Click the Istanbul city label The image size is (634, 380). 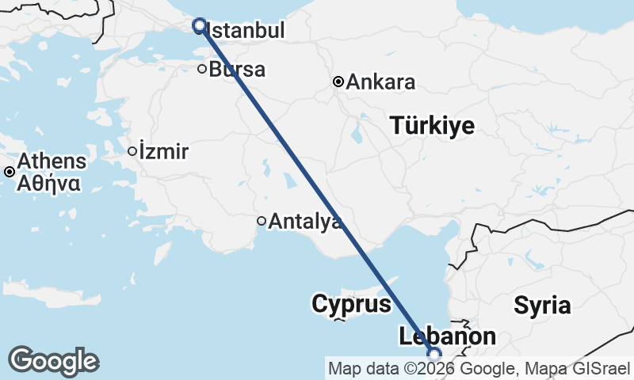coord(244,32)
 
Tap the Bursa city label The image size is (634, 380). coord(237,70)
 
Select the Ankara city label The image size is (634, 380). coord(380,82)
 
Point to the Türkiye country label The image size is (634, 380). coord(432,125)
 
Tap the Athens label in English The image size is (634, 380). coord(52,162)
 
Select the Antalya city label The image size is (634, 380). coord(305,222)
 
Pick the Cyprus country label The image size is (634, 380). coord(351,304)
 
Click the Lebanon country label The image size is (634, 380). coord(448,336)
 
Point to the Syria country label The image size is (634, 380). coord(542,305)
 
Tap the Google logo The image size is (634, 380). coord(53,361)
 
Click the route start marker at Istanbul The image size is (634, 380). coord(200,25)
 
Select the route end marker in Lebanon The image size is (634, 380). coord(433,354)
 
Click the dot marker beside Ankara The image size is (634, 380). coord(338,82)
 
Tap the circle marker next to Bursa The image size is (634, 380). coord(202,70)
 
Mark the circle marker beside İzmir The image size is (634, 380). coord(132,151)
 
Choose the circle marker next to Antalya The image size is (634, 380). coord(261,221)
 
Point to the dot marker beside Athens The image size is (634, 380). coord(9,172)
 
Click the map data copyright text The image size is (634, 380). coord(479,368)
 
